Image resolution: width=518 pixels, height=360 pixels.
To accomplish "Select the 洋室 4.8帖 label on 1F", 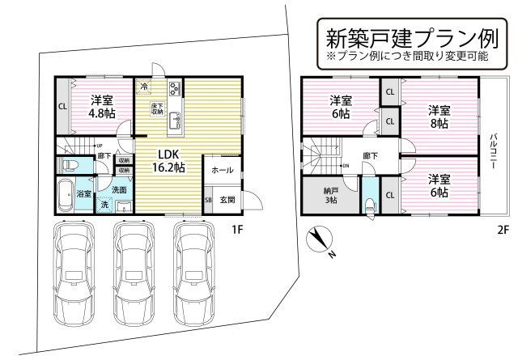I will pos(101,107).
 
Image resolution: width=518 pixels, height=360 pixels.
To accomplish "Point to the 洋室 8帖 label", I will pos(439,116).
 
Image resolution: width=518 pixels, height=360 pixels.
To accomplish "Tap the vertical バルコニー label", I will pos(493,154).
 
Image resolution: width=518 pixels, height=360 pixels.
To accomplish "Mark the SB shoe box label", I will pos(208,200).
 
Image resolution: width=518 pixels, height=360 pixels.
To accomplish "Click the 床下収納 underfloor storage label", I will pos(157,108).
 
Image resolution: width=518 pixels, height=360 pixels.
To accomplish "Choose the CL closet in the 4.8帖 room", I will pos(62,107).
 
